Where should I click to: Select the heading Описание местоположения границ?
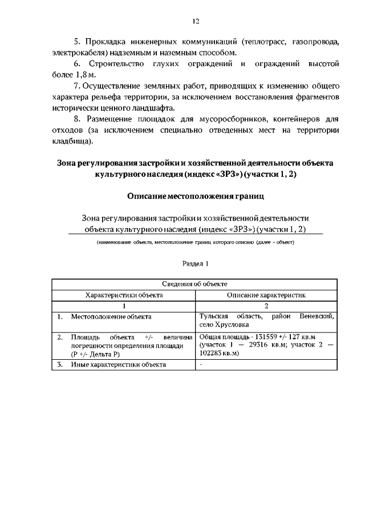[195, 196]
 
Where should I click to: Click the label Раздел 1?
[196, 264]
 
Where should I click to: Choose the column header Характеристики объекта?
[124, 295]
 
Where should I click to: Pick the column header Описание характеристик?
[267, 295]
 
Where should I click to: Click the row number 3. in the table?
[59, 364]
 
